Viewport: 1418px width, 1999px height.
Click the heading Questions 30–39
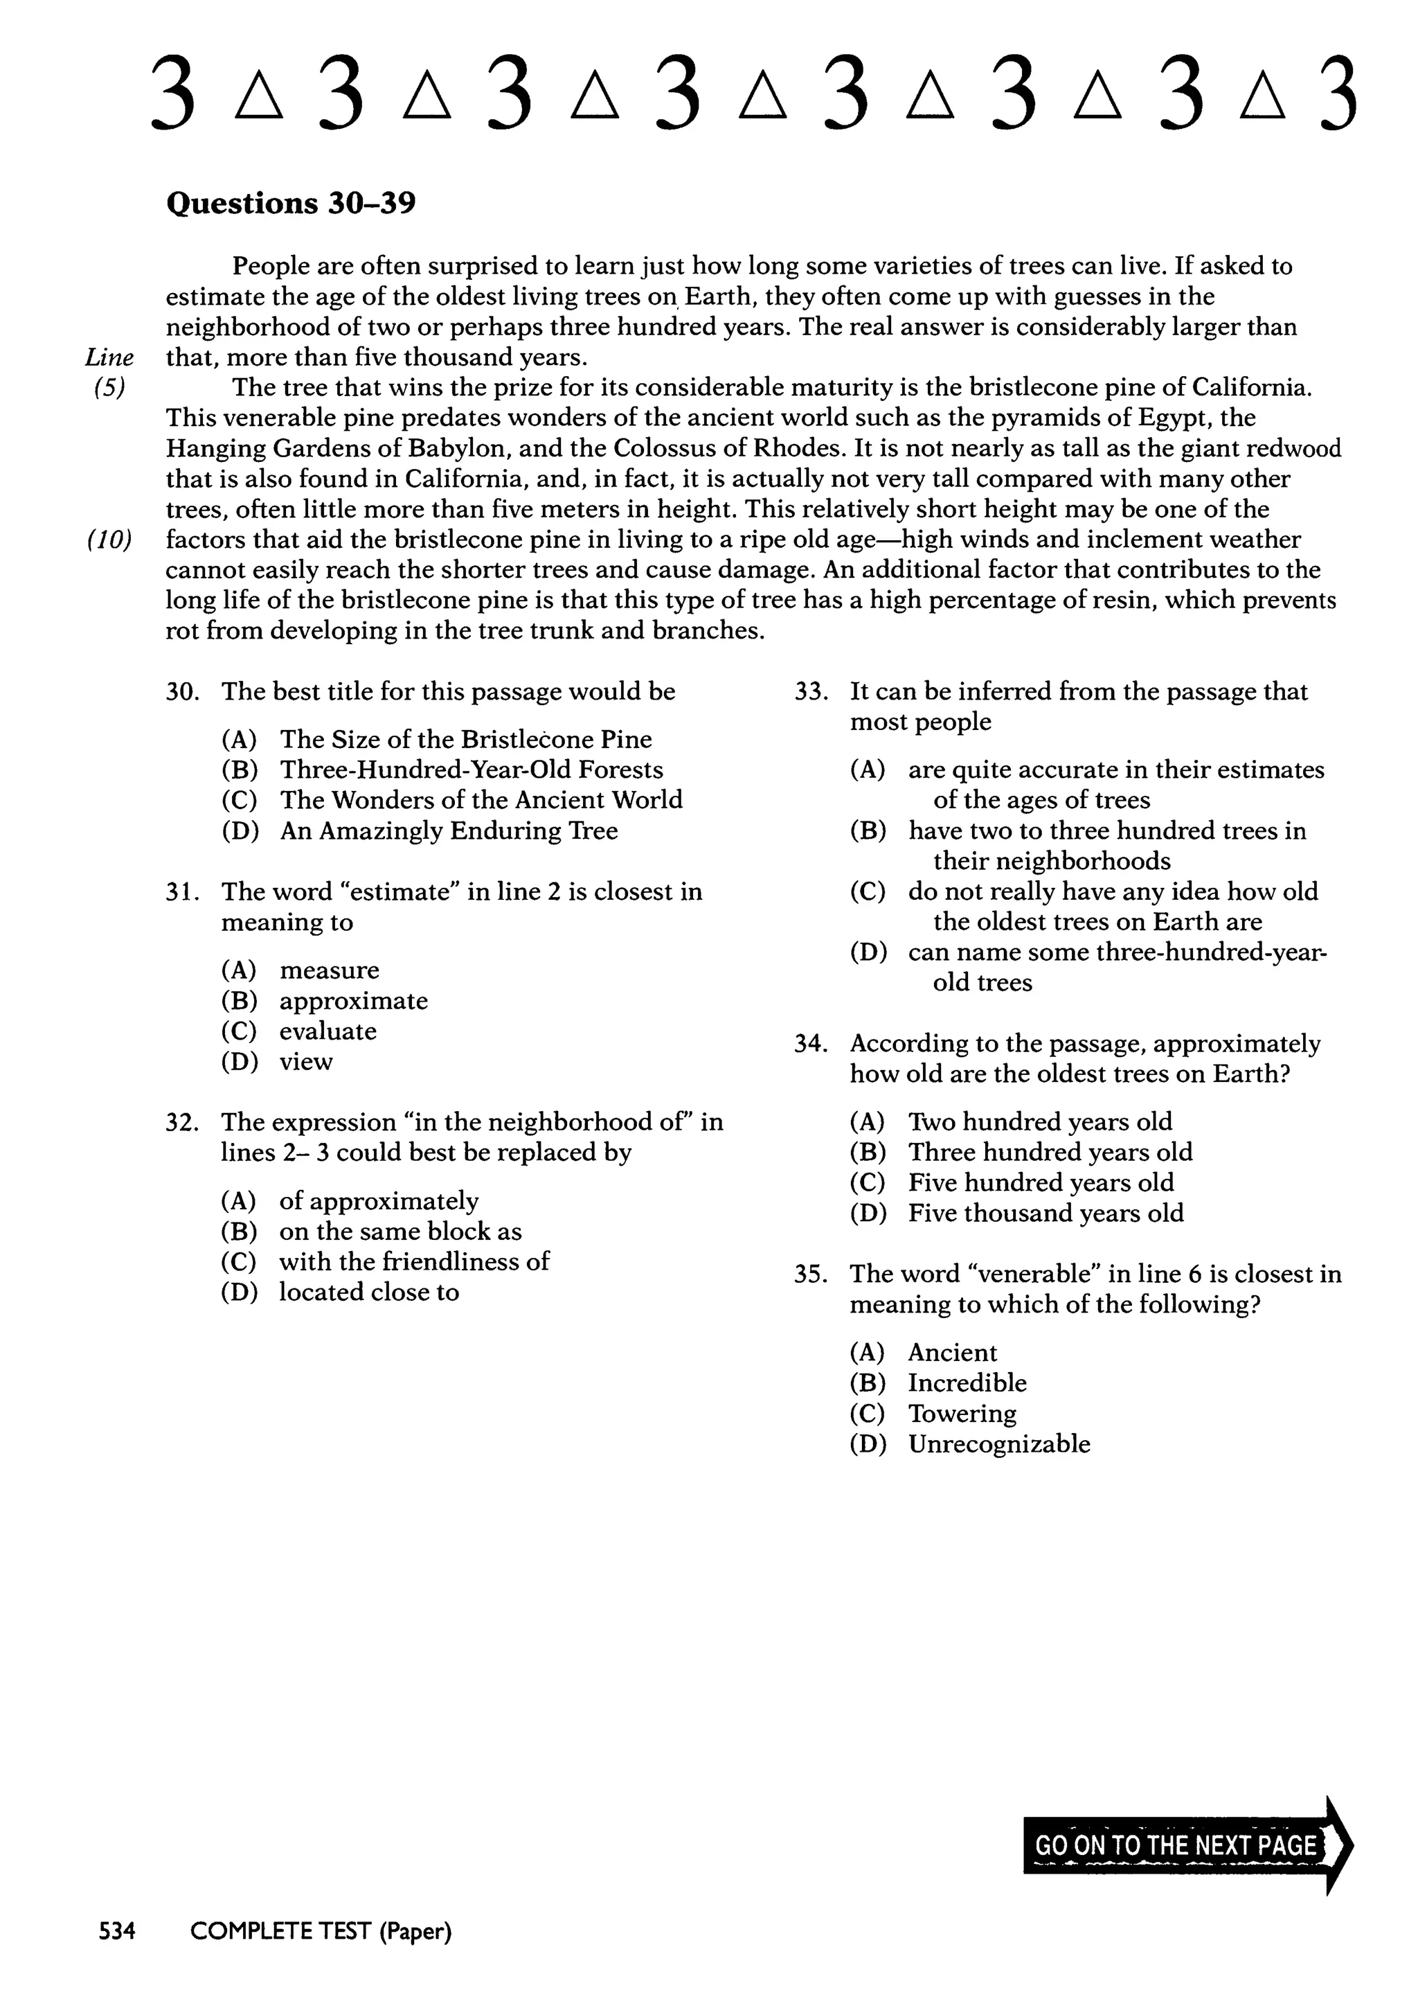pyautogui.click(x=291, y=204)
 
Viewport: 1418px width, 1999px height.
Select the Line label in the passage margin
pyautogui.click(x=109, y=357)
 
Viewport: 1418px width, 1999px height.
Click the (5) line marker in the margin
pyautogui.click(x=109, y=388)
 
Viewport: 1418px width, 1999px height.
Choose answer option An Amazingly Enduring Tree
pyautogui.click(x=448, y=830)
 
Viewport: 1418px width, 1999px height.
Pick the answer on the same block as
pyautogui.click(x=400, y=1232)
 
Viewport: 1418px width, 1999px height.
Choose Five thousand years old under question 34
pyautogui.click(x=1045, y=1213)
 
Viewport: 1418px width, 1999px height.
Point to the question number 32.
pyautogui.click(x=183, y=1122)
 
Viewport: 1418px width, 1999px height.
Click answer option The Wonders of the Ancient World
pyautogui.click(x=481, y=800)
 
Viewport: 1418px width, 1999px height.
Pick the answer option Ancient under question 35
pyautogui.click(x=952, y=1353)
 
